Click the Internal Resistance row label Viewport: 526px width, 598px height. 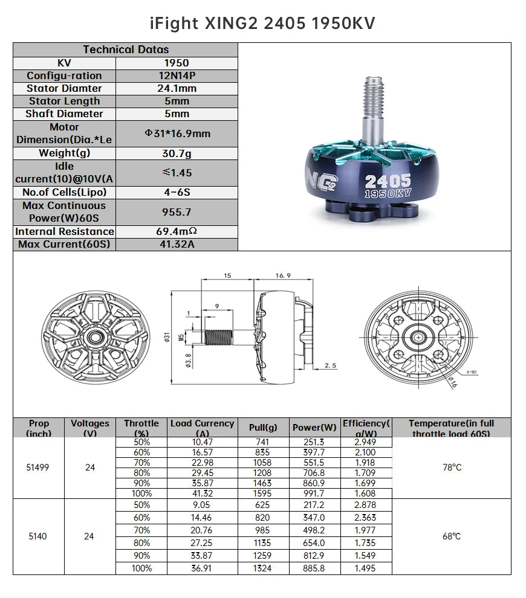[65, 231]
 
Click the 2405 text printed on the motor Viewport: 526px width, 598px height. [388, 181]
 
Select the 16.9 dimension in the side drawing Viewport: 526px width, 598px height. [283, 275]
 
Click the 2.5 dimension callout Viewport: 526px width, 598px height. [331, 365]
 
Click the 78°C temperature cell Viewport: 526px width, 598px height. [452, 468]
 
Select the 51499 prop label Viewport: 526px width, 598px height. [39, 468]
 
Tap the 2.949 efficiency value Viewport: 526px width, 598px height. [365, 442]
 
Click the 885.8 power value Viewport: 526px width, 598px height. [314, 568]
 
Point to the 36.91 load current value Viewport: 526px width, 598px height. [202, 568]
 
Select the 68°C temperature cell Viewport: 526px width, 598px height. [452, 536]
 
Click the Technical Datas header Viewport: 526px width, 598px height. [126, 50]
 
